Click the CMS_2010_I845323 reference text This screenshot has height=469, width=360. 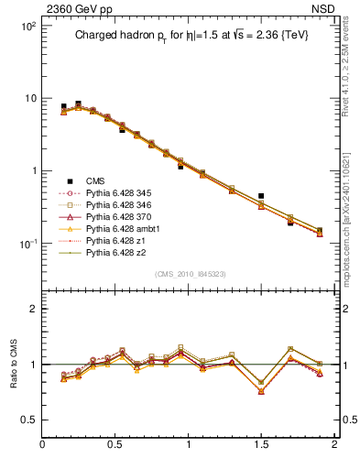click(x=189, y=275)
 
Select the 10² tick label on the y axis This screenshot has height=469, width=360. click(x=27, y=27)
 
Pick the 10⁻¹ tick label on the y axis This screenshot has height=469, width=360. click(x=27, y=244)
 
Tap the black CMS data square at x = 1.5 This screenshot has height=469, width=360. click(x=261, y=196)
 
